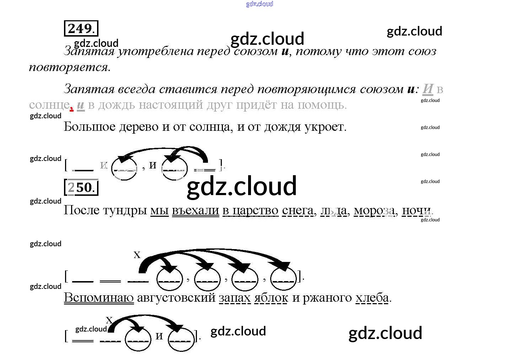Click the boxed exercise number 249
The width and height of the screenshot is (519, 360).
pos(81,28)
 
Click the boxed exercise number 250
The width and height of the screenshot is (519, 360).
pos(81,187)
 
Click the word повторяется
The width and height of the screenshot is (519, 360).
pos(70,67)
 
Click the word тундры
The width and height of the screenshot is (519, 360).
pos(125,210)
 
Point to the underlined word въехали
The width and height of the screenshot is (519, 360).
pos(196,210)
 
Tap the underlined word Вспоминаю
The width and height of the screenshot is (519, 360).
pos(99,297)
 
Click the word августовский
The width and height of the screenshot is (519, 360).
pos(176,297)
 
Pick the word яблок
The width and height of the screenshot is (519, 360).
pos(271,297)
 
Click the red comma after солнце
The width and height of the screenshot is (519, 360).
pos(72,108)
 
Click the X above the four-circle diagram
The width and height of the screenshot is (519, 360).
pos(137,254)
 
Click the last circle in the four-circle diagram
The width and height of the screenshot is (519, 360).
pos(283,279)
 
